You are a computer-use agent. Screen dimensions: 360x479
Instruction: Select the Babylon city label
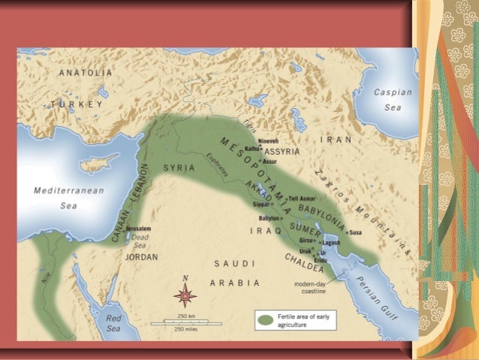click(271, 218)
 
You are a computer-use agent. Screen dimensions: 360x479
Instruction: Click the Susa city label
click(355, 232)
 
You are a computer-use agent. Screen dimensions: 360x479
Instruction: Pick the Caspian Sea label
click(393, 99)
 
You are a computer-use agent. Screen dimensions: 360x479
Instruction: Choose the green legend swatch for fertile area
click(265, 321)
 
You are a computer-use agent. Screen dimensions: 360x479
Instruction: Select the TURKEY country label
click(77, 103)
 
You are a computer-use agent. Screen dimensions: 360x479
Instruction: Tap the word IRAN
click(336, 140)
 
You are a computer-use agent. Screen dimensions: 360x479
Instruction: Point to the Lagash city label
click(331, 243)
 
